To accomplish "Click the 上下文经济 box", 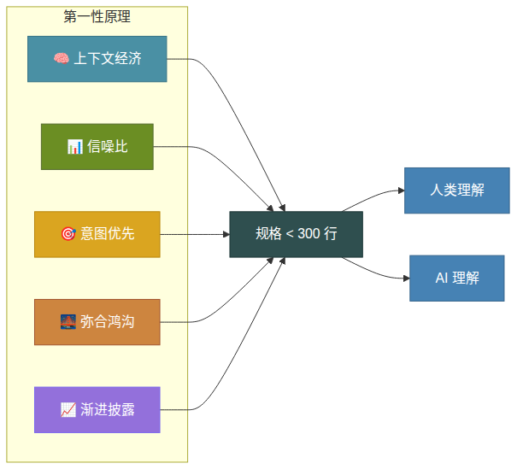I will pyautogui.click(x=97, y=59).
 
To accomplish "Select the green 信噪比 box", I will pyautogui.click(x=97, y=147).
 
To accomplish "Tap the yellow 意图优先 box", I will pyautogui.click(x=97, y=234).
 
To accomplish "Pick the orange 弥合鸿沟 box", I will pyautogui.click(x=97, y=322).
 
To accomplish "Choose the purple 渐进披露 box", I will pyautogui.click(x=97, y=410).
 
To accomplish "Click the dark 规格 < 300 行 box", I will pyautogui.click(x=296, y=234).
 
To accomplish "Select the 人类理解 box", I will pyautogui.click(x=457, y=191).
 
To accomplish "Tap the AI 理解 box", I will pyautogui.click(x=457, y=279).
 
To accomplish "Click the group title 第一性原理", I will pyautogui.click(x=97, y=17).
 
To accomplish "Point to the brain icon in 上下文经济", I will pyautogui.click(x=61, y=59).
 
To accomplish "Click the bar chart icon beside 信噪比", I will pyautogui.click(x=74, y=147).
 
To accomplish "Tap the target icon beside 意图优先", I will pyautogui.click(x=68, y=234).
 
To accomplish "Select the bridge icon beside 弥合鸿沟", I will pyautogui.click(x=68, y=322).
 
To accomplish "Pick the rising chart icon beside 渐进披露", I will pyautogui.click(x=68, y=410).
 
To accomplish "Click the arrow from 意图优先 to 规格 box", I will pyautogui.click(x=194, y=234).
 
